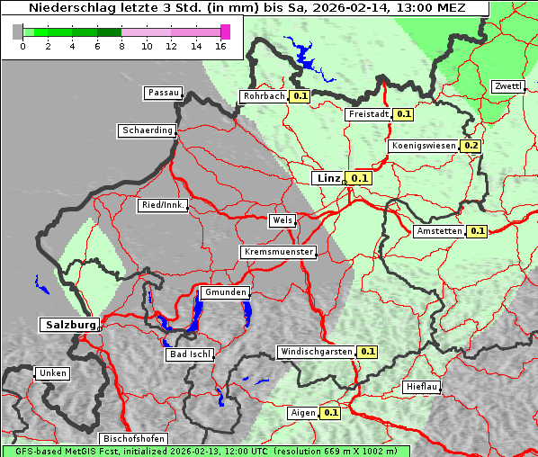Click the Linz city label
(327, 178)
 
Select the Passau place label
(163, 93)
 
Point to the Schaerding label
(147, 130)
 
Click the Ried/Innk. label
(163, 205)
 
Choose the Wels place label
(282, 220)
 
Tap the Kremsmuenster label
(278, 252)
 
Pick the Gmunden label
(224, 292)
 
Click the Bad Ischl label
(191, 354)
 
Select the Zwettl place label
(507, 86)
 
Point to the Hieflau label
(422, 387)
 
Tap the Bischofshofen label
(132, 439)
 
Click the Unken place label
(52, 373)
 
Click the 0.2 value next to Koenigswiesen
(471, 146)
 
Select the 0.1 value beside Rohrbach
(300, 96)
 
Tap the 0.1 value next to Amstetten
(476, 231)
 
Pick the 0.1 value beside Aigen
(330, 413)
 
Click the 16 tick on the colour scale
(220, 46)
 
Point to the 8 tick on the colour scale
(121, 46)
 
